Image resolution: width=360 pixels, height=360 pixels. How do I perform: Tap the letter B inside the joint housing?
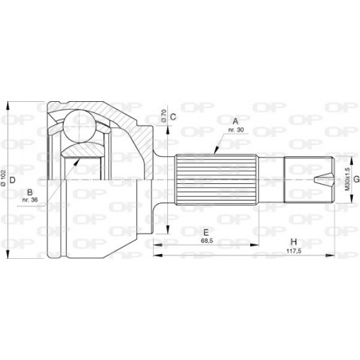(28, 192)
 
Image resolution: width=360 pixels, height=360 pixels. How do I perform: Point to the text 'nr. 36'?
(30, 202)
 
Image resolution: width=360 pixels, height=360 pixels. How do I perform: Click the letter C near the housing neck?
(173, 117)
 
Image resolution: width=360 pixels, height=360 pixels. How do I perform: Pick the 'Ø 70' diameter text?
(162, 117)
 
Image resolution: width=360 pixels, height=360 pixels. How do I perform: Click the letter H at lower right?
(294, 242)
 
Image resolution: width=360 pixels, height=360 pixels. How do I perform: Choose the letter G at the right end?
(357, 180)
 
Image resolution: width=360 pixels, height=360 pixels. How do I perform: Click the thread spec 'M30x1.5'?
(346, 181)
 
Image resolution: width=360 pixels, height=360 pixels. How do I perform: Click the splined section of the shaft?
(216, 180)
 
